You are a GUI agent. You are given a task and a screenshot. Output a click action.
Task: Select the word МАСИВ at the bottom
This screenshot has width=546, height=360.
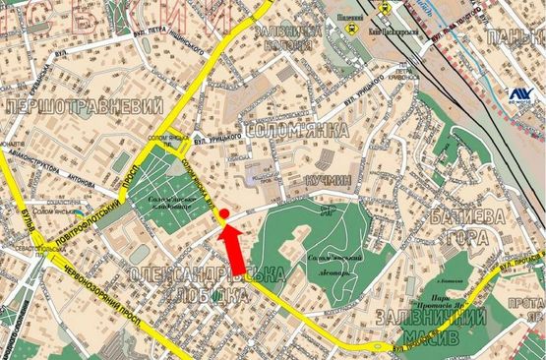coord(423,340)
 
